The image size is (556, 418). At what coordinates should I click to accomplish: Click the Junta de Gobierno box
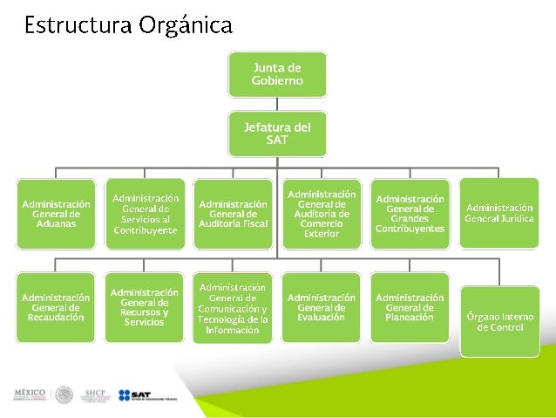(277, 73)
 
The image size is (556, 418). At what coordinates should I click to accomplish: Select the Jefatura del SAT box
(277, 133)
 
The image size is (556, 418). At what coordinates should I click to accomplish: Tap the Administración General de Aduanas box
(56, 214)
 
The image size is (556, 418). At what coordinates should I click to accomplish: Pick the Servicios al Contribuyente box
(145, 214)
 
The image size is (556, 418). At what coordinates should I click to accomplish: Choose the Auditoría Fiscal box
(233, 214)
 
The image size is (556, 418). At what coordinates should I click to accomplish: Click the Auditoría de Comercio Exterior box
(322, 214)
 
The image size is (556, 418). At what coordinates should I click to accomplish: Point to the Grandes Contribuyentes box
(410, 214)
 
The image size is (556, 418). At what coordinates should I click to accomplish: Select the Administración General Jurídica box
(498, 212)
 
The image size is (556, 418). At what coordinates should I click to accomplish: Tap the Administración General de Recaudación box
(56, 307)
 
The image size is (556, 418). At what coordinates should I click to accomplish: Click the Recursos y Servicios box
(145, 307)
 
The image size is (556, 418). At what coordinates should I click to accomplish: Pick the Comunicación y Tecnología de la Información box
(233, 308)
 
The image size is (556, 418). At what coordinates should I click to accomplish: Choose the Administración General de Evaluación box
(322, 307)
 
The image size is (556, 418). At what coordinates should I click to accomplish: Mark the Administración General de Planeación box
(410, 307)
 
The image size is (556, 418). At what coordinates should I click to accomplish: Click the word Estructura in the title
(77, 24)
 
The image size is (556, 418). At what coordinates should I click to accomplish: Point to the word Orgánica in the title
(185, 24)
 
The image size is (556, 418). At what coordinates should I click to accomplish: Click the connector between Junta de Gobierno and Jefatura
(277, 104)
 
